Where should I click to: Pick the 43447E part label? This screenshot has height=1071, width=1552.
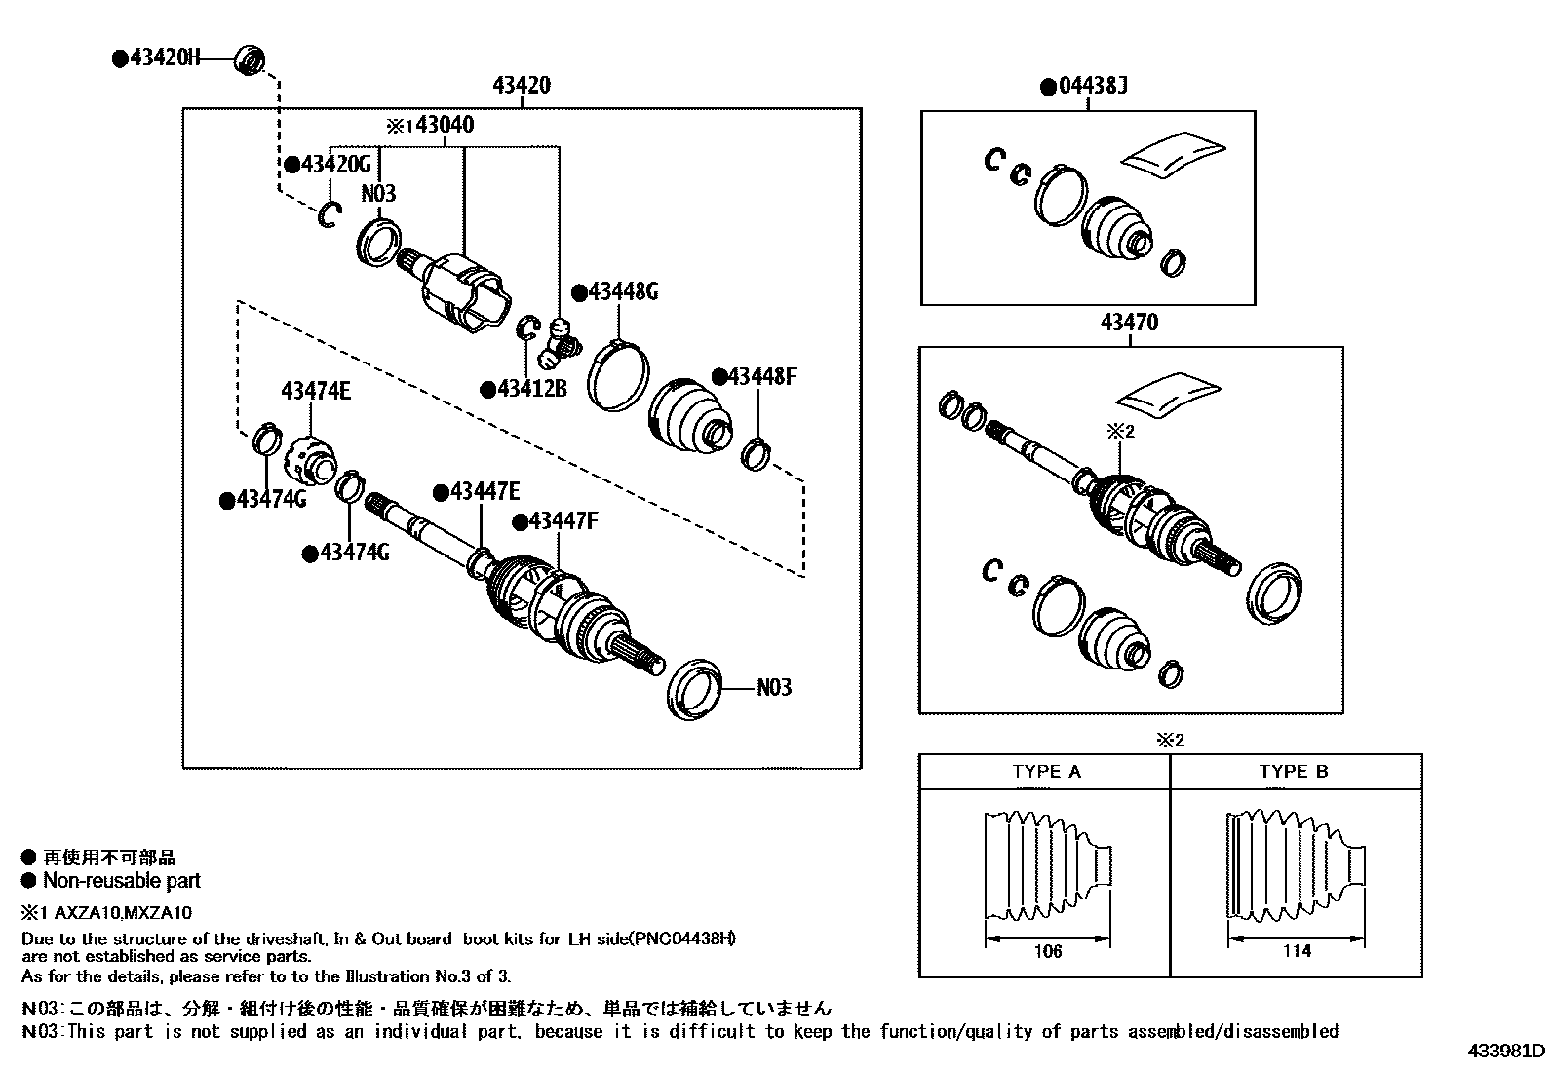[x=484, y=492]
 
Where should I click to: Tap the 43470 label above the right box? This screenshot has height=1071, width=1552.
[x=1128, y=323]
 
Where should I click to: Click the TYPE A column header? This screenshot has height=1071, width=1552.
[x=1045, y=772]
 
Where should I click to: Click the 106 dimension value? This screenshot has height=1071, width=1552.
[x=1047, y=951]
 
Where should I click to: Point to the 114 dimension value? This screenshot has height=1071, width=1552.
[x=1296, y=951]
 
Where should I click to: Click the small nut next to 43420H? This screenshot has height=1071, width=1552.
[x=251, y=60]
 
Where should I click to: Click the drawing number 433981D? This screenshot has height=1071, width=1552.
[x=1507, y=1052]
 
